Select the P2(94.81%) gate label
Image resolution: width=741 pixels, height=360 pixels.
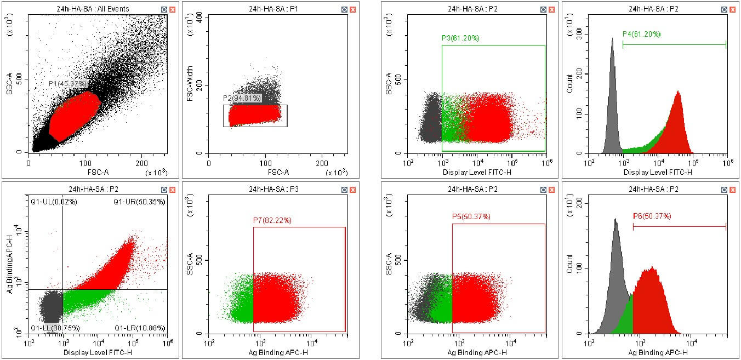(x=242, y=99)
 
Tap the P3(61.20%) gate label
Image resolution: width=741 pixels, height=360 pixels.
(x=460, y=38)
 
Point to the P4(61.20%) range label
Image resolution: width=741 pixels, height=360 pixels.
(x=641, y=34)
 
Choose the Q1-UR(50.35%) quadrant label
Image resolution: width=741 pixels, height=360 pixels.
(x=139, y=202)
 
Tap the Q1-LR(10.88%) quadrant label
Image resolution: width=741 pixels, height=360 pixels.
(x=139, y=328)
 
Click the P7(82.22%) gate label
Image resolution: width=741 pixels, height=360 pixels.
(x=272, y=220)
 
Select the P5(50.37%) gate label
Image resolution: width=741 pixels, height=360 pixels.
(x=471, y=217)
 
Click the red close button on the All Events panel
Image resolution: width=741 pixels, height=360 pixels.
(x=173, y=9)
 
